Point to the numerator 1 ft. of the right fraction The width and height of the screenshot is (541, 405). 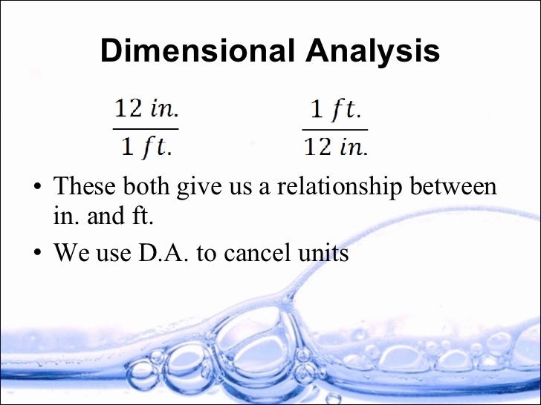point(335,111)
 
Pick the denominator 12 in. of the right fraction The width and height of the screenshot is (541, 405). point(335,146)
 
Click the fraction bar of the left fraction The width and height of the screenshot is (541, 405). point(146,129)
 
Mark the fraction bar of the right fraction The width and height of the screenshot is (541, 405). point(335,129)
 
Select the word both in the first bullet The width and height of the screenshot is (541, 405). point(146,185)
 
